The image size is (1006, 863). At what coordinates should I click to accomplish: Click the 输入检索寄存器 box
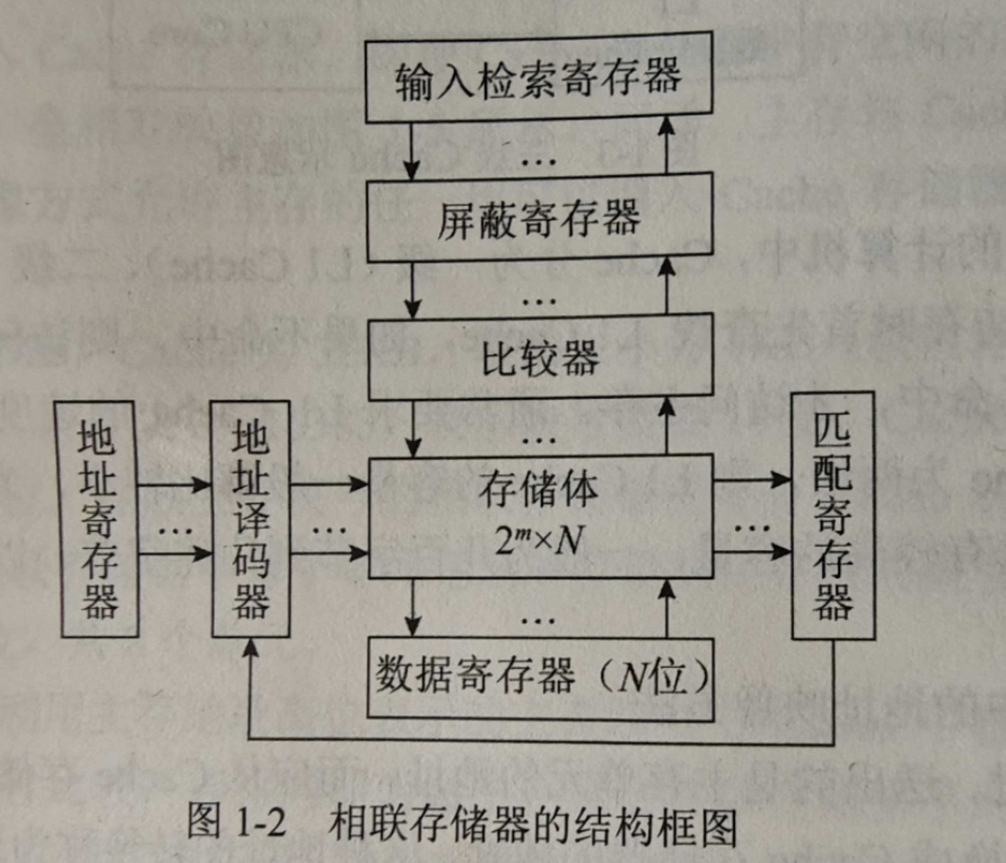click(x=539, y=78)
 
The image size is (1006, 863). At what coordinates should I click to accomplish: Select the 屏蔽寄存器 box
click(x=539, y=218)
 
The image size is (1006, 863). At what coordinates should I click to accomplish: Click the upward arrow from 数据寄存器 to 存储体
click(x=668, y=607)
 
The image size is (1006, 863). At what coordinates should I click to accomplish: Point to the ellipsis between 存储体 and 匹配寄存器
click(x=751, y=527)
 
